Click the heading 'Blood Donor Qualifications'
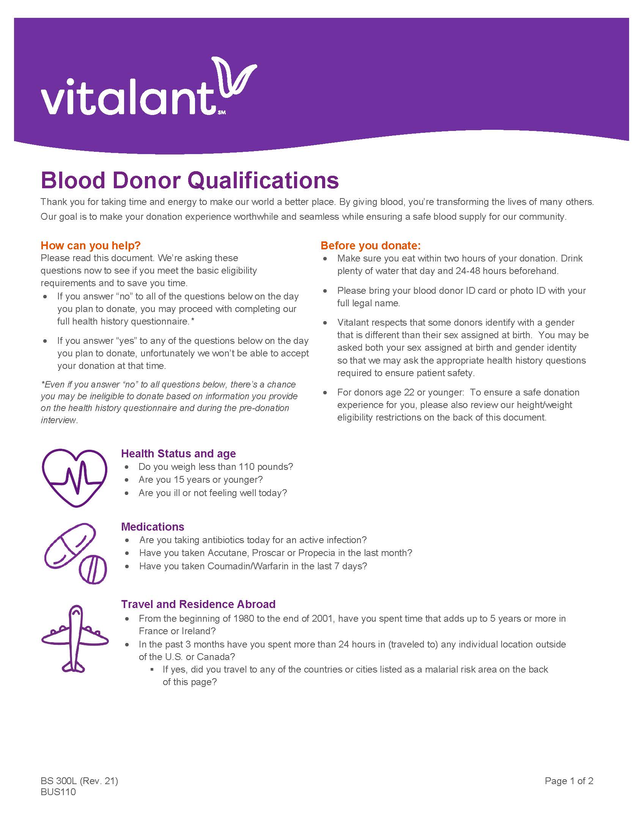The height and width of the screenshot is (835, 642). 190,180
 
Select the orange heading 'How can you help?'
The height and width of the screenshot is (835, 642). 91,245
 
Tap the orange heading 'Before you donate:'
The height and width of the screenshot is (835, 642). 370,245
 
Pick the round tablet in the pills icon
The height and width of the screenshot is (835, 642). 93,569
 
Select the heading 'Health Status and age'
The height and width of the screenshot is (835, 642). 178,453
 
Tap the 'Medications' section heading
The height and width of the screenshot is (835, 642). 153,526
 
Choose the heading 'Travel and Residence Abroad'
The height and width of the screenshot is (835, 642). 198,604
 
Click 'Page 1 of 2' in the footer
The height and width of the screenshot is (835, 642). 569,781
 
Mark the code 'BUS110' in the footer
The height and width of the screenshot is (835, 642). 58,792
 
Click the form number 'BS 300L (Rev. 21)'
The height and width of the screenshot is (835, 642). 79,781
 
